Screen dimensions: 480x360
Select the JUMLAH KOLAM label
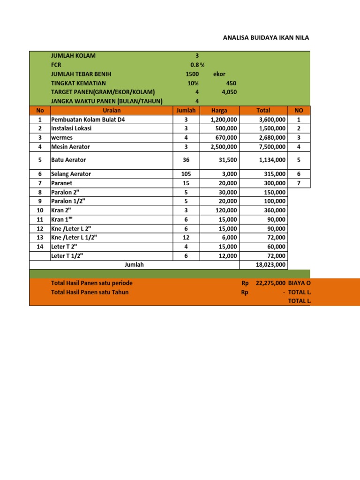pyautogui.click(x=73, y=56)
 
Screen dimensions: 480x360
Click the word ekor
pyautogui.click(x=219, y=74)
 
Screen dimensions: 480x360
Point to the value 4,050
pyautogui.click(x=229, y=92)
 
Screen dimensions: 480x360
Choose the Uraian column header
pyautogui.click(x=111, y=111)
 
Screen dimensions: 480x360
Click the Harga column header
pyautogui.click(x=219, y=111)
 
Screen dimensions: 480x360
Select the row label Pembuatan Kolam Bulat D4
pyautogui.click(x=88, y=120)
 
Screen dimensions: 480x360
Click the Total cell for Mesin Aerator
pyautogui.click(x=272, y=147)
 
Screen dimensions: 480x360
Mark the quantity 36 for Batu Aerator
pyautogui.click(x=186, y=160)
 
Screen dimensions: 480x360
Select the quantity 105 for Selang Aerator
pyautogui.click(x=186, y=174)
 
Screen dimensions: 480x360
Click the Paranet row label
pyautogui.click(x=63, y=183)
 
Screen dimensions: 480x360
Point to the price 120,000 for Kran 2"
pyautogui.click(x=225, y=210)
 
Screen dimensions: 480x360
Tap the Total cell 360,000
pyautogui.click(x=275, y=210)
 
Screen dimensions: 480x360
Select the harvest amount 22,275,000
pyautogui.click(x=271, y=283)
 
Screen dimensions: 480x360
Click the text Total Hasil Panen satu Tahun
pyautogui.click(x=90, y=292)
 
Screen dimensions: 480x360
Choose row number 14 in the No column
pyautogui.click(x=39, y=246)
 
